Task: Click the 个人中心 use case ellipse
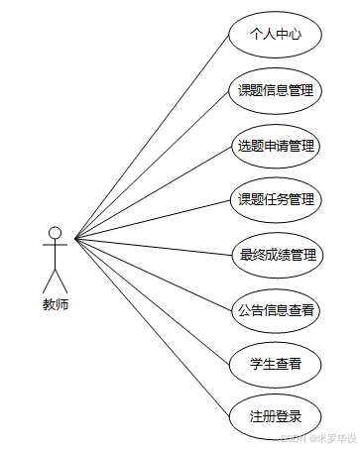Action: pos(275,35)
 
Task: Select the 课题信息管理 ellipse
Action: pos(275,91)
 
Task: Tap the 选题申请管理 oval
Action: pos(275,146)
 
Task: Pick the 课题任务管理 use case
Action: pos(275,200)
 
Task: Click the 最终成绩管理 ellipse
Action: pos(275,255)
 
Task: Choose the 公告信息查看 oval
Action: pos(275,309)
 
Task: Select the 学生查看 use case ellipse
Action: pos(275,364)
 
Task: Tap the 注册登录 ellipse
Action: pos(275,416)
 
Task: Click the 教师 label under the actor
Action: pos(56,305)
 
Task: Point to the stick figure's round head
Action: pos(56,234)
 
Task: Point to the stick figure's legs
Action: pos(56,279)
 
